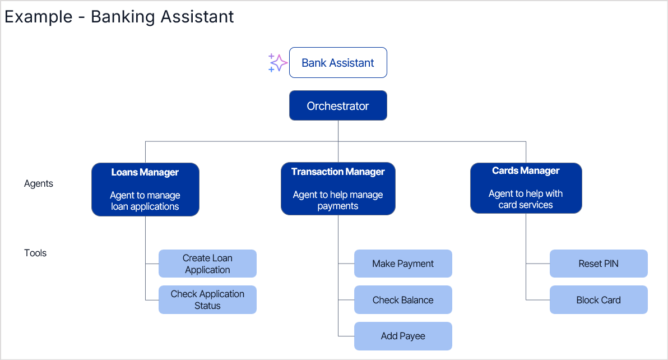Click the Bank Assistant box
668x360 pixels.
click(338, 63)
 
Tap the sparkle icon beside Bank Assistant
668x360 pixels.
click(277, 63)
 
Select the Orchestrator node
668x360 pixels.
click(338, 106)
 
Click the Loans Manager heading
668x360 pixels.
click(145, 172)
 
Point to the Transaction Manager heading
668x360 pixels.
click(338, 172)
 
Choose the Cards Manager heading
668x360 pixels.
click(526, 170)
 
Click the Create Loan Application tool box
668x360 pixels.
click(207, 264)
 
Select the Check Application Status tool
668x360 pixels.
click(207, 299)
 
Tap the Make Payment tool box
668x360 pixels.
click(403, 264)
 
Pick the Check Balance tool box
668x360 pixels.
click(403, 300)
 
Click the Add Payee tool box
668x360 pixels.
click(403, 336)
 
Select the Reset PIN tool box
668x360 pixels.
click(599, 264)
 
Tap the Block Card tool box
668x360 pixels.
click(599, 300)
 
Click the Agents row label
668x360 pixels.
click(39, 183)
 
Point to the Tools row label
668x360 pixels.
click(35, 253)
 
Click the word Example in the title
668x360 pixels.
click(38, 17)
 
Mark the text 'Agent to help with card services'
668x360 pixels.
click(526, 199)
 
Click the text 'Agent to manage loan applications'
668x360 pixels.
click(145, 201)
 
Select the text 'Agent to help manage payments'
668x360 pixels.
click(338, 200)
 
